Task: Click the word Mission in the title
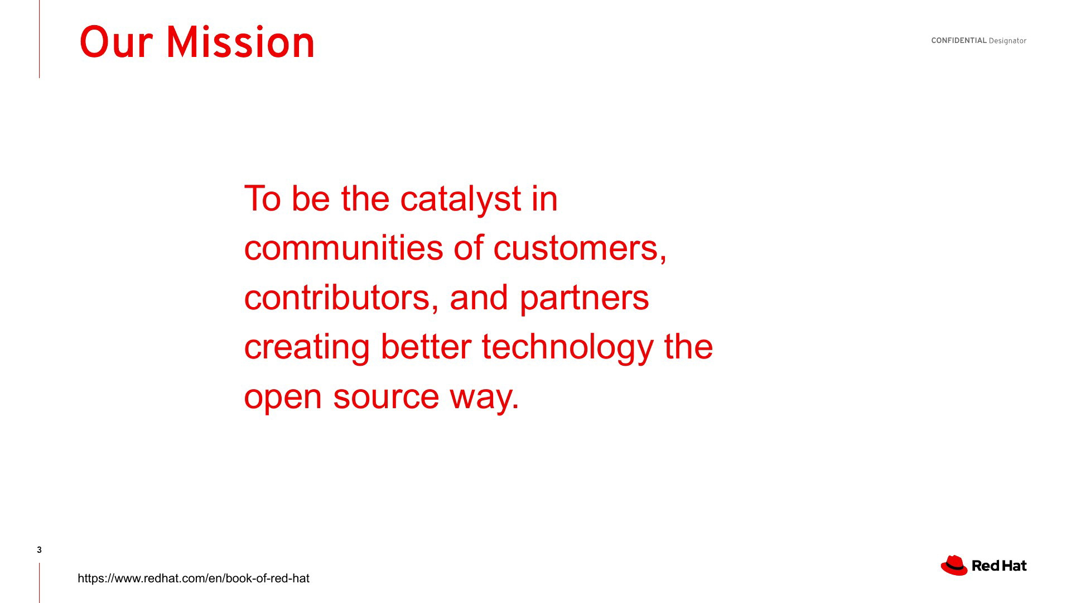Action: [240, 42]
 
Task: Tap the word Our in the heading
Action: [116, 42]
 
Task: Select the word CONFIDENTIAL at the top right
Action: [959, 41]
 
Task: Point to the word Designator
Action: [1007, 41]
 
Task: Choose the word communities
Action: [344, 248]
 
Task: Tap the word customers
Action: [580, 248]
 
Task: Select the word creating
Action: [307, 347]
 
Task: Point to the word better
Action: [426, 346]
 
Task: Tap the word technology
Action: [568, 347]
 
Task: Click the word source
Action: [386, 397]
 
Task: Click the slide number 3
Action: [39, 550]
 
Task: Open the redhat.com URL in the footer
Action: [194, 578]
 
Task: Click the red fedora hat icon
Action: [954, 565]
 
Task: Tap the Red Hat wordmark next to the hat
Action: [999, 566]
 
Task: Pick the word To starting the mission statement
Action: [263, 199]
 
